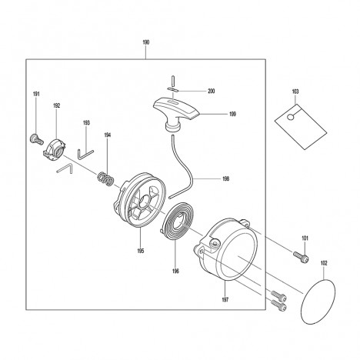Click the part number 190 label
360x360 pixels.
point(145,42)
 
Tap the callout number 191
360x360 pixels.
point(36,94)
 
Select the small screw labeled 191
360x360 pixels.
point(37,139)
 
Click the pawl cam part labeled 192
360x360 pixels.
point(54,150)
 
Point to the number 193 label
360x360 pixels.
point(86,123)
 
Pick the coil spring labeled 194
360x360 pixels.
point(105,178)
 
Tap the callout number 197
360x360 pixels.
point(225,299)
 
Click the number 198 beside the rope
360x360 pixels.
point(225,178)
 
